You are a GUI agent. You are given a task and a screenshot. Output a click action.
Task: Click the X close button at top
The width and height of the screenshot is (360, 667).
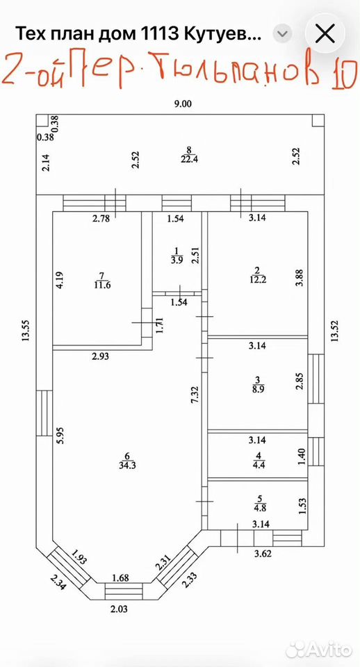pyautogui.click(x=326, y=34)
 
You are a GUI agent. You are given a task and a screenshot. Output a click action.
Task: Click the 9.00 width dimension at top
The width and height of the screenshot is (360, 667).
pyautogui.click(x=183, y=104)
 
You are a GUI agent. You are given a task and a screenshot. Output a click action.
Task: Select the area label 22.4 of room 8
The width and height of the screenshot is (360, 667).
pyautogui.click(x=189, y=160)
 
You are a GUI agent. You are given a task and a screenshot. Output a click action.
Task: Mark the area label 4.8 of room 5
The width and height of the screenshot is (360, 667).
pyautogui.click(x=259, y=507)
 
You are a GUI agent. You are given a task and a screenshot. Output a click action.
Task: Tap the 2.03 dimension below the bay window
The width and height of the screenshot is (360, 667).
pyautogui.click(x=119, y=609)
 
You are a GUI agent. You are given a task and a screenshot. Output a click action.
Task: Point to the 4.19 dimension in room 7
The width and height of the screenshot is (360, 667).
pyautogui.click(x=60, y=280)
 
